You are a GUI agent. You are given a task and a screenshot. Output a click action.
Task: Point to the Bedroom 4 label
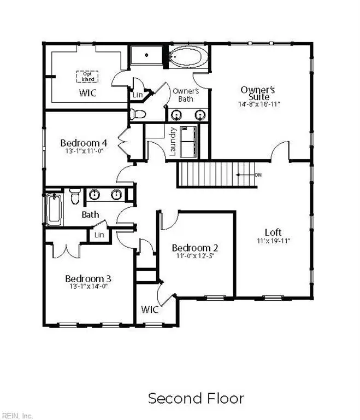tap(84, 143)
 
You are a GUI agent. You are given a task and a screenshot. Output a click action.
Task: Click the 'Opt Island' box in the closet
tap(85, 76)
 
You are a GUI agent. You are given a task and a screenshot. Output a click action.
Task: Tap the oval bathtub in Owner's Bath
tap(187, 56)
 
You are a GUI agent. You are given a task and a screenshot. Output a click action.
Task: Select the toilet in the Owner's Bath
tap(139, 114)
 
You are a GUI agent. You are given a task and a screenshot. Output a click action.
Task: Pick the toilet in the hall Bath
tap(75, 195)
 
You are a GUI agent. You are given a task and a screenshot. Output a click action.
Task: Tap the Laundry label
tap(173, 142)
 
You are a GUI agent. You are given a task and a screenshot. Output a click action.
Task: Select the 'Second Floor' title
tap(196, 398)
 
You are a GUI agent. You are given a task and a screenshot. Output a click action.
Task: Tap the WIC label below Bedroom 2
tap(150, 310)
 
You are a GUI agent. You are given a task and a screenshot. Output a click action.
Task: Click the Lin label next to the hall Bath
tap(99, 235)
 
